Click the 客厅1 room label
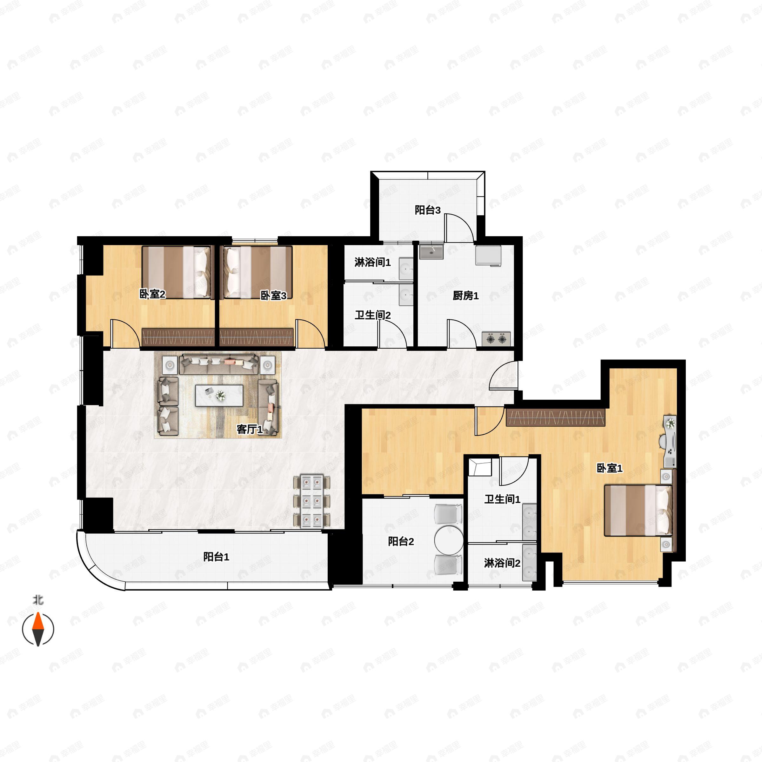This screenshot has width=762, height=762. pyautogui.click(x=249, y=429)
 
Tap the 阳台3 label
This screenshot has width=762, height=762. pyautogui.click(x=428, y=210)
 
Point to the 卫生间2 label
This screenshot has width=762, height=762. pyautogui.click(x=373, y=315)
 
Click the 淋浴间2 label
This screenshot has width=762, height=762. pyautogui.click(x=502, y=563)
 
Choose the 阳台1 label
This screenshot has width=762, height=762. pyautogui.click(x=216, y=557)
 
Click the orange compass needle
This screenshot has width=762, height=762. pyautogui.click(x=38, y=622)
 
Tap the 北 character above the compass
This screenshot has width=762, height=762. pyautogui.click(x=38, y=600)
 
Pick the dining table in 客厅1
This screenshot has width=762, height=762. pyautogui.click(x=311, y=501)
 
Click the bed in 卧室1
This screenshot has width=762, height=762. pyautogui.click(x=638, y=510)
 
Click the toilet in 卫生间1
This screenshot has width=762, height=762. pyautogui.click(x=480, y=467)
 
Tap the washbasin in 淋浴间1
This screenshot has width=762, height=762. pyautogui.click(x=406, y=269)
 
